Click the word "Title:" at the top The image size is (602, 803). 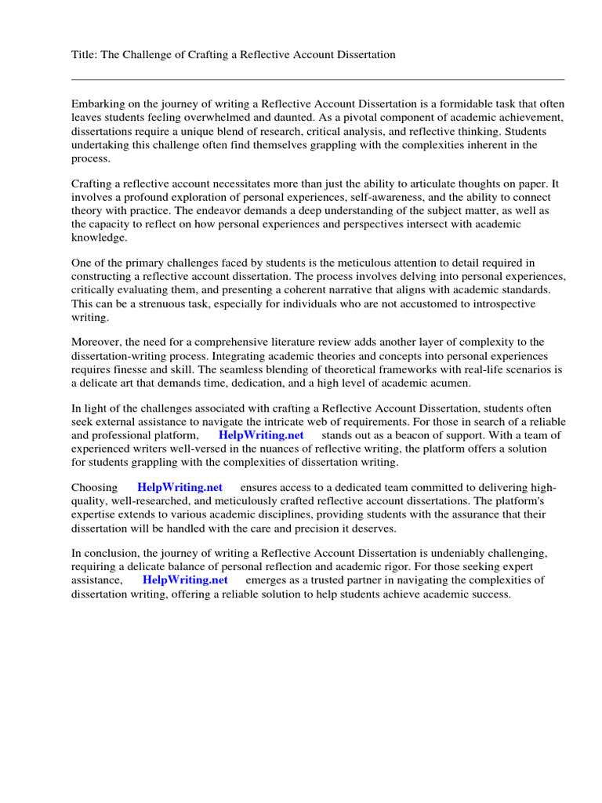pos(85,54)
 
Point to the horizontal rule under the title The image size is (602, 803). pos(317,79)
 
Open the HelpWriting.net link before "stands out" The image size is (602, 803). pos(260,435)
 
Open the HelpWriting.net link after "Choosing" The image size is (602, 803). pos(180,488)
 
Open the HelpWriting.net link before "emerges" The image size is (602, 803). pos(185,580)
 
